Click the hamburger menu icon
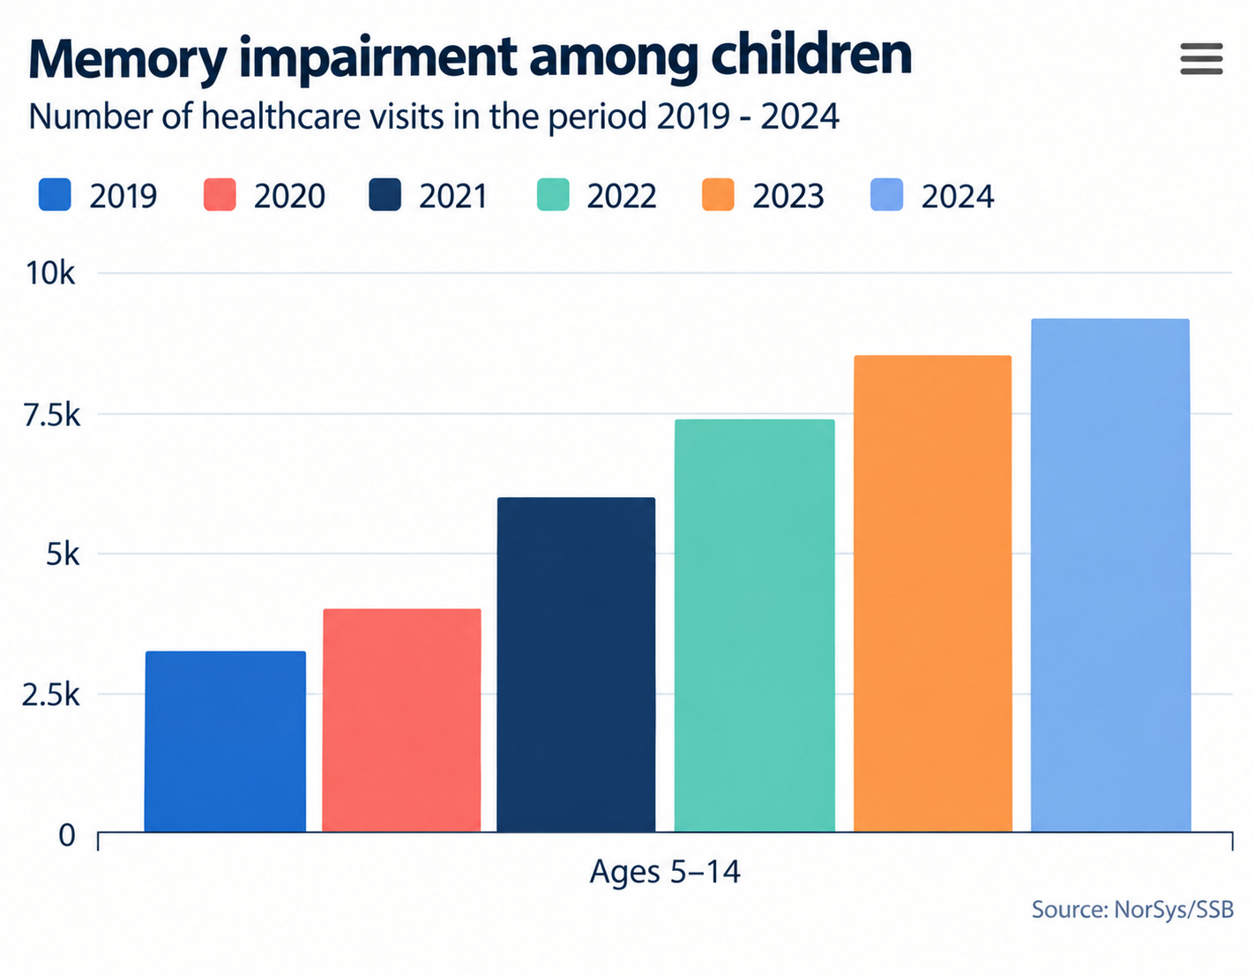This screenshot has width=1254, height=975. point(1201,59)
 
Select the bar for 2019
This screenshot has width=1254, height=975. point(225,741)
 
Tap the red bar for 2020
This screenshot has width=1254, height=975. point(401,720)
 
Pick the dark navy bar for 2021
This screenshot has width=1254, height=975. point(576,665)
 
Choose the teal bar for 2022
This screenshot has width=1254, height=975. point(755,625)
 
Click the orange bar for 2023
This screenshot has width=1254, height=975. point(933,593)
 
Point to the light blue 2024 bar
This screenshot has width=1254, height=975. point(1111,575)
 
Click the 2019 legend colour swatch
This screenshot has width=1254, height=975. point(55,195)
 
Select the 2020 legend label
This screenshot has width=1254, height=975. point(290,197)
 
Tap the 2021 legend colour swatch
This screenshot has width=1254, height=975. point(384,195)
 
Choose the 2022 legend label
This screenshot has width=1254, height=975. point(622,197)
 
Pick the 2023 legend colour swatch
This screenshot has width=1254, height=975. point(718,195)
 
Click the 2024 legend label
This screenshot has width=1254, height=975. point(958,197)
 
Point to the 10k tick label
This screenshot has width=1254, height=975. point(51,273)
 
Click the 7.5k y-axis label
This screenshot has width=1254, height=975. point(51,414)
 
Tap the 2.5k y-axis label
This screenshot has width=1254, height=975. point(51,695)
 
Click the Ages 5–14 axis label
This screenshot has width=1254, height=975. point(665,871)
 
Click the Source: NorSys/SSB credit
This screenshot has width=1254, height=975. point(1133,909)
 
